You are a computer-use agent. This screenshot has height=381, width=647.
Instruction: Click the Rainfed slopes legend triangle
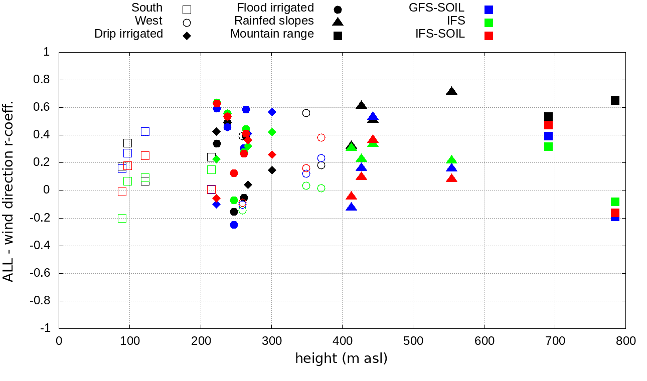[338, 22]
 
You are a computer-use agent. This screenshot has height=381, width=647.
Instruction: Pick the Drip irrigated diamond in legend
[187, 36]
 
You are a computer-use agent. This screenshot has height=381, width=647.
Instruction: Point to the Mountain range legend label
[272, 34]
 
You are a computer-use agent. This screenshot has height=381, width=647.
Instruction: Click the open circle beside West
[187, 23]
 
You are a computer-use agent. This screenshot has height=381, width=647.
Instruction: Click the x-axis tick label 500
[413, 341]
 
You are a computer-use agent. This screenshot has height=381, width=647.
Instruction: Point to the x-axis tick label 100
[130, 341]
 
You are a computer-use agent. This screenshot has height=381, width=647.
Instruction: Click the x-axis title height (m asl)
[341, 359]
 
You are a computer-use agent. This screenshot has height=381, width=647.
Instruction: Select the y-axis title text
[9, 190]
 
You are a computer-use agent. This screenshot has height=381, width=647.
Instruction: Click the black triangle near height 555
[451, 91]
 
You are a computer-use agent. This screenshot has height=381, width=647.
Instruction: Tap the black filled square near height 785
[615, 100]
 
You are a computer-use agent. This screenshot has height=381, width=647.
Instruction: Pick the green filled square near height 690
[548, 146]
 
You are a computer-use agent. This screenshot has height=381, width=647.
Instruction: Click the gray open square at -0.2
[122, 218]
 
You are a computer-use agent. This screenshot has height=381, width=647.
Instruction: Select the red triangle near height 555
[451, 178]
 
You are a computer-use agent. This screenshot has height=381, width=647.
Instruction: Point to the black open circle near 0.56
[306, 113]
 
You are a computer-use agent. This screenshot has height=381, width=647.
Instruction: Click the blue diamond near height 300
[272, 112]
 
